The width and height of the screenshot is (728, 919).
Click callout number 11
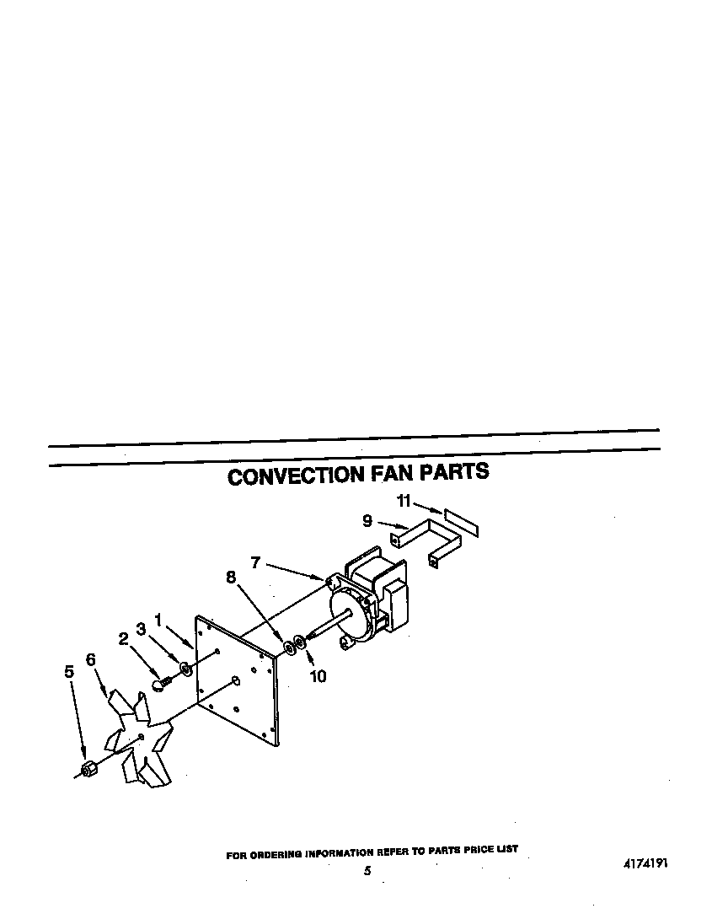(x=404, y=502)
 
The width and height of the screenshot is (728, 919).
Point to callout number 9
(x=367, y=521)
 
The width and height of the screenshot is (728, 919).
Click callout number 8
(x=230, y=578)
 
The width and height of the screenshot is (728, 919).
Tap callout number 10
(x=318, y=675)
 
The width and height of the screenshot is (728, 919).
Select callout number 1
(x=158, y=620)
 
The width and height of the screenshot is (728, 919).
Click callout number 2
(x=124, y=638)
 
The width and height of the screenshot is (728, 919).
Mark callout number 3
(x=141, y=629)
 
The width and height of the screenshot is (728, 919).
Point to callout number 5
(x=69, y=672)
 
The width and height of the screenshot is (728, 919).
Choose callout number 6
(x=90, y=660)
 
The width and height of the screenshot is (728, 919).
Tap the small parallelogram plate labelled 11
(x=461, y=522)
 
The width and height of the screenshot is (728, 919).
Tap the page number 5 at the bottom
(x=367, y=871)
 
